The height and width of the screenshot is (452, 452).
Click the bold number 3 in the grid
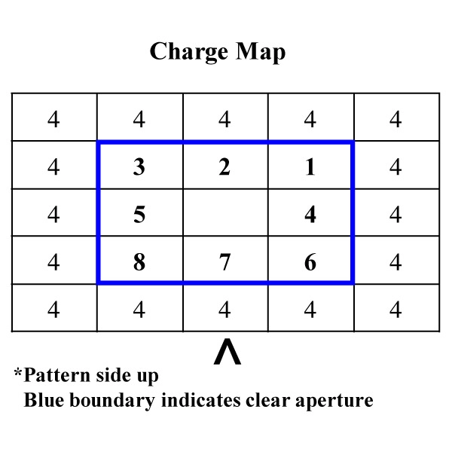pyautogui.click(x=139, y=166)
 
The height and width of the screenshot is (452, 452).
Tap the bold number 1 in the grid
pyautogui.click(x=310, y=166)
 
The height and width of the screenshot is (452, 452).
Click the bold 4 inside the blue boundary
pyautogui.click(x=310, y=214)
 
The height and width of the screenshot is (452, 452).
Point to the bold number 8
pyautogui.click(x=139, y=262)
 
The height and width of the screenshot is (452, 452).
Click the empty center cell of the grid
pyautogui.click(x=225, y=212)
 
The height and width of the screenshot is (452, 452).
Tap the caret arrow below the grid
pyautogui.click(x=228, y=352)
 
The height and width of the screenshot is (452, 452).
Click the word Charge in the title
pyautogui.click(x=189, y=53)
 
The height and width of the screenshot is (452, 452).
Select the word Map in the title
pyautogui.click(x=261, y=53)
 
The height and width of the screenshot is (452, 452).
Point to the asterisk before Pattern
pyautogui.click(x=18, y=372)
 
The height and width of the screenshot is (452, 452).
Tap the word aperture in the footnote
pyautogui.click(x=334, y=402)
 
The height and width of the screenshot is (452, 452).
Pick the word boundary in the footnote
pyautogui.click(x=112, y=402)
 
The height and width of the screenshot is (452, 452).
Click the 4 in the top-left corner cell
pyautogui.click(x=53, y=119)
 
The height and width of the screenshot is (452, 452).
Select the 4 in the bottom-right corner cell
pyautogui.click(x=395, y=310)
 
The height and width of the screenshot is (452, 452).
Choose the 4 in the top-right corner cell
pyautogui.click(x=395, y=119)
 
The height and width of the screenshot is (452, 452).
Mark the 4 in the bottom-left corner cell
pyautogui.click(x=53, y=310)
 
